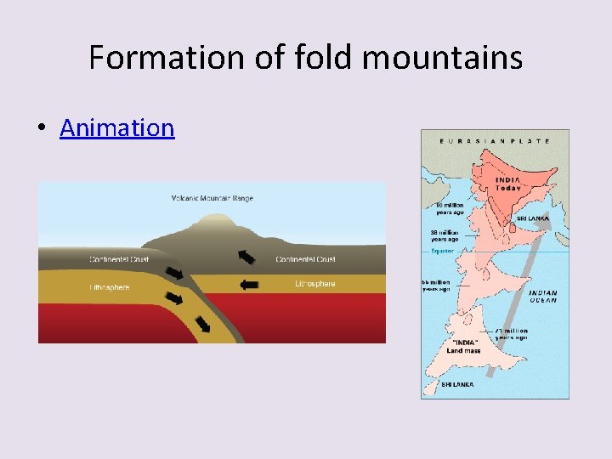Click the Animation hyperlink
[x=116, y=127]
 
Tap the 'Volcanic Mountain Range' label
[x=212, y=199]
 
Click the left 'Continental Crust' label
[x=119, y=259]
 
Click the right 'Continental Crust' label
[x=306, y=259]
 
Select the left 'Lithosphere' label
[x=110, y=287]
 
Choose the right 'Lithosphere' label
[x=314, y=284]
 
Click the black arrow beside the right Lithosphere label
[x=249, y=286]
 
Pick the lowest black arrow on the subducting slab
[x=205, y=324]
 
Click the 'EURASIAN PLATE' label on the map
[x=495, y=141]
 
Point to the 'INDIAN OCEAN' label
[x=543, y=296]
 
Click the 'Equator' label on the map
[x=442, y=251]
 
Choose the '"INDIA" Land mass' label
[x=465, y=346]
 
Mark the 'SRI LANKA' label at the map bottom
[x=457, y=385]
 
